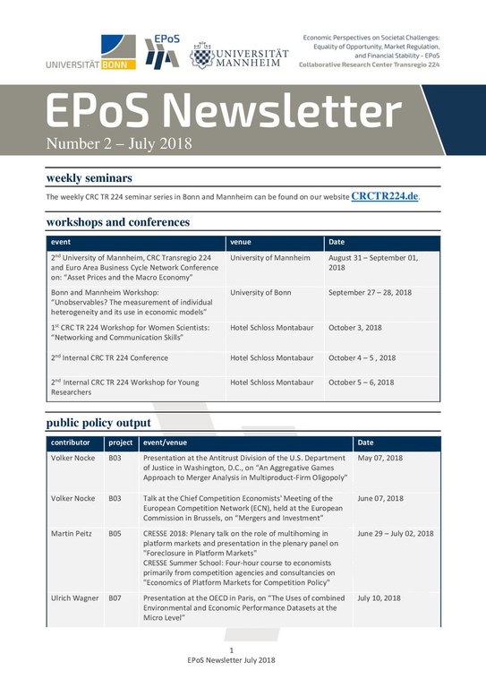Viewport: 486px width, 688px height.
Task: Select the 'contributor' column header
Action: (71, 443)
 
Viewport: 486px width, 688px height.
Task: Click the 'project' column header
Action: (120, 443)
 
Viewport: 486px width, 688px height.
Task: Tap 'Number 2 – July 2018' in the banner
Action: (119, 143)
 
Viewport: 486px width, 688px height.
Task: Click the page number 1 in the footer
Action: (231, 649)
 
